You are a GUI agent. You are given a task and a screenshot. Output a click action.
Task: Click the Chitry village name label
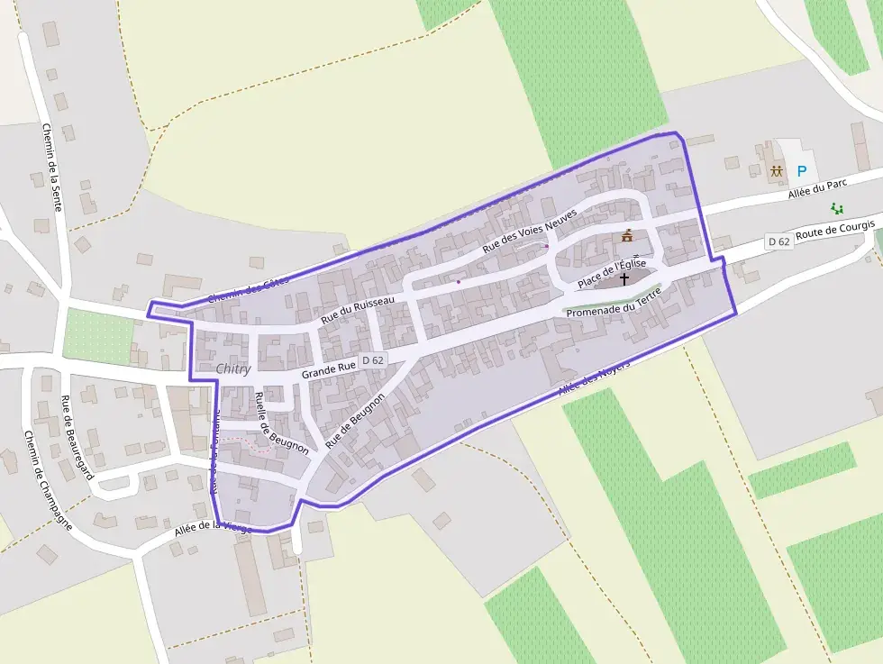click(x=233, y=368)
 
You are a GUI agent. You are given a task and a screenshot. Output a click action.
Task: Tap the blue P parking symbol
click(x=801, y=170)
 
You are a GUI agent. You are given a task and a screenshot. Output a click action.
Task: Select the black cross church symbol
click(x=624, y=279)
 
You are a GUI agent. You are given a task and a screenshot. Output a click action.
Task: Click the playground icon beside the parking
click(x=776, y=170)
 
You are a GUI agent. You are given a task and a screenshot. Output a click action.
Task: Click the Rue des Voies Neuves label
click(x=529, y=231)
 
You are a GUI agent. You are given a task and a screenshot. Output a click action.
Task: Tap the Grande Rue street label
click(x=328, y=369)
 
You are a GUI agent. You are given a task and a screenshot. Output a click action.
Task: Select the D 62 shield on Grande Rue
click(x=372, y=360)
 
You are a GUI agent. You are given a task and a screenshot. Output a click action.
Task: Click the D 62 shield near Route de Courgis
click(x=778, y=241)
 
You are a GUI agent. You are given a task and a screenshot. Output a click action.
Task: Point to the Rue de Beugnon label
click(x=355, y=427)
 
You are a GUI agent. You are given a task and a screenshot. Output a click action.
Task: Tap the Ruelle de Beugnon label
click(x=281, y=423)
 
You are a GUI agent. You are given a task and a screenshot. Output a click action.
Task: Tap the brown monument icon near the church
click(x=626, y=237)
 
